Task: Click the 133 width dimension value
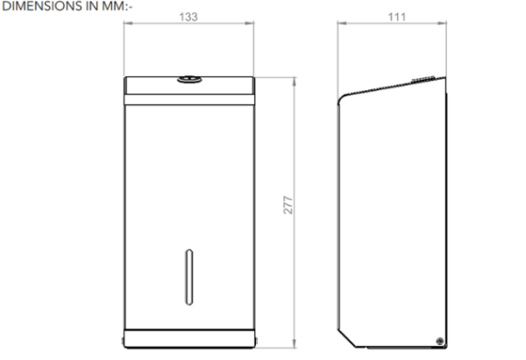coord(188,17)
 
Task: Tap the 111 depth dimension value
coord(397,17)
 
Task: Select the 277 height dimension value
coord(288,205)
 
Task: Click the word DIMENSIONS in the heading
coord(42,6)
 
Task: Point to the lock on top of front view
coord(189,80)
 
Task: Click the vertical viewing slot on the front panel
coord(189,277)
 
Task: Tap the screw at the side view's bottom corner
coord(440,342)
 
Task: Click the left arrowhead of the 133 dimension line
coord(128,23)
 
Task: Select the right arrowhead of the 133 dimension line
coord(250,23)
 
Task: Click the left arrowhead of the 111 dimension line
coord(342,23)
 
